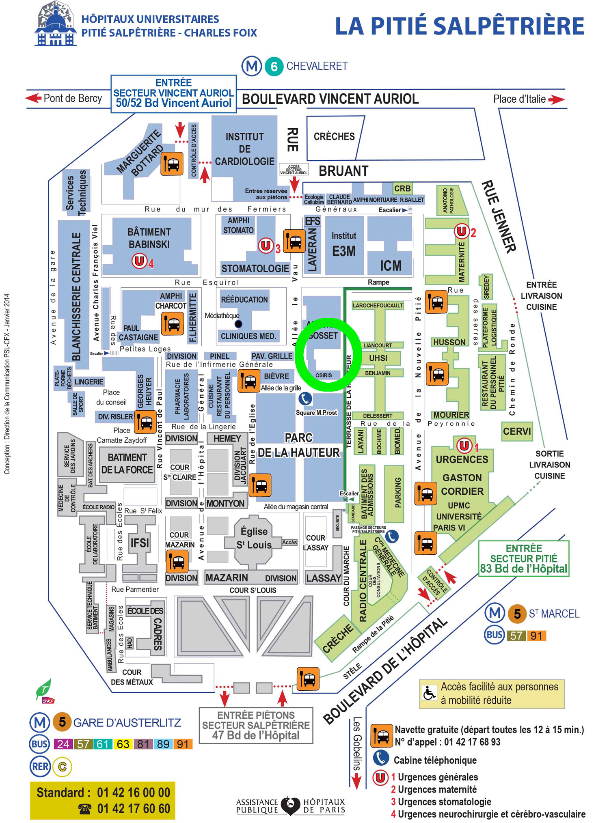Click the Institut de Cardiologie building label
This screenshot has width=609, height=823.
[244, 149]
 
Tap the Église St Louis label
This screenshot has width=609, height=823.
[254, 538]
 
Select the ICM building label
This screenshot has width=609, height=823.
[391, 266]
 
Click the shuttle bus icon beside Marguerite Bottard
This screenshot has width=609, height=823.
[172, 164]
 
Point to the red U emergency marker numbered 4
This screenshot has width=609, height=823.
[139, 261]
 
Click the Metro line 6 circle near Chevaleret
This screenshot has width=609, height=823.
[274, 66]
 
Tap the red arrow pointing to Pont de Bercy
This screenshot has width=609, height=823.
[33, 98]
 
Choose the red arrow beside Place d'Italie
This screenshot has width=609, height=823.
[556, 99]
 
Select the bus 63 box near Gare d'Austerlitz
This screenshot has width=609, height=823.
[123, 744]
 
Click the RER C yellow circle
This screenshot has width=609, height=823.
[62, 767]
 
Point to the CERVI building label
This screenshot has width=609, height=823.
[516, 431]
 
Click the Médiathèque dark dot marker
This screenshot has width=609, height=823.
[238, 324]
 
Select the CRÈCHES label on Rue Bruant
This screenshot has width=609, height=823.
[334, 137]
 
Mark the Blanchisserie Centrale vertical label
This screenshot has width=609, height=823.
[76, 296]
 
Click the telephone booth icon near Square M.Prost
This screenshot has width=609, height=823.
[305, 399]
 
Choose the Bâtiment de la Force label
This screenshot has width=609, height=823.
[127, 463]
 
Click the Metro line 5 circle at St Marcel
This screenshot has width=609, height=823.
[517, 614]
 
